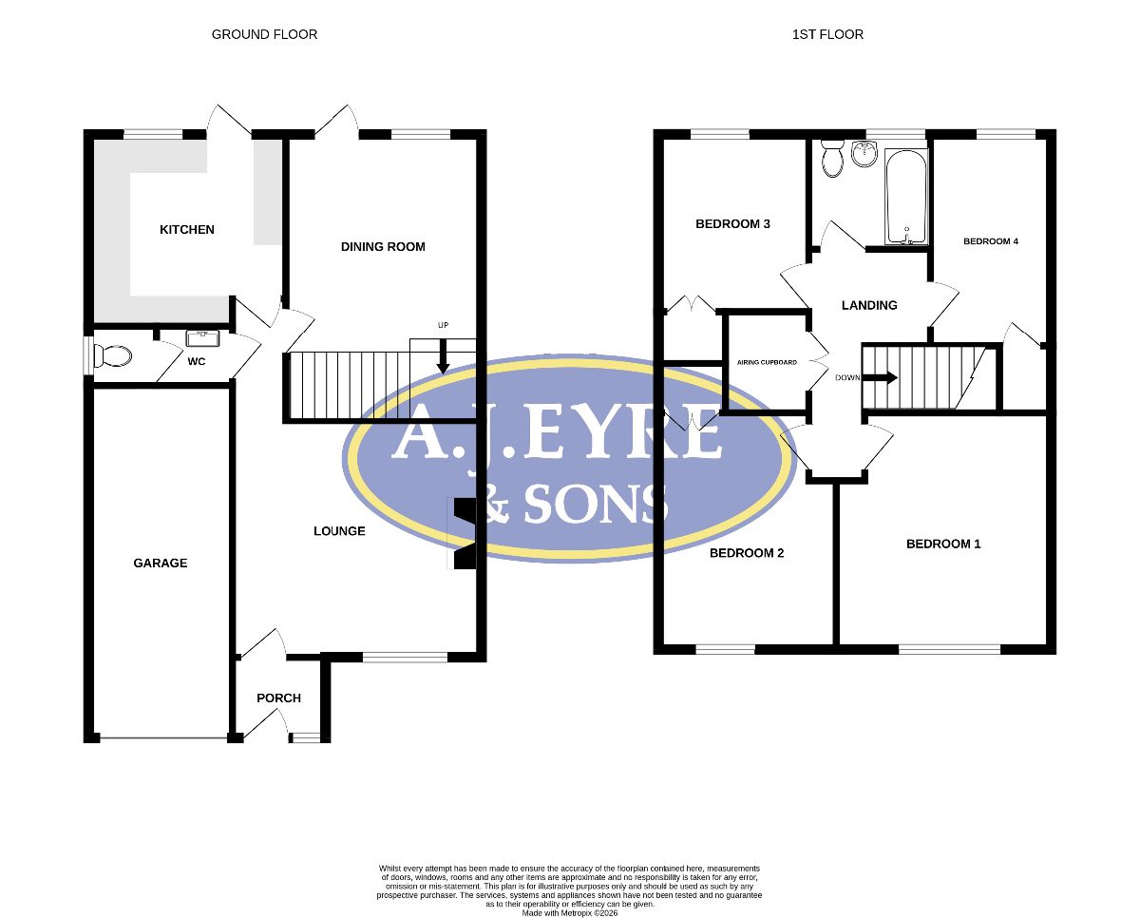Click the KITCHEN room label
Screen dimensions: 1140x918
click(x=187, y=230)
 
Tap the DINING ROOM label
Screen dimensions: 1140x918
click(x=383, y=246)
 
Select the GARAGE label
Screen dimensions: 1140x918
click(x=161, y=563)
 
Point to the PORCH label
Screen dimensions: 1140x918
click(x=278, y=698)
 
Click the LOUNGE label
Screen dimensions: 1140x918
click(x=339, y=531)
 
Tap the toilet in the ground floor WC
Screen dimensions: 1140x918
click(x=112, y=356)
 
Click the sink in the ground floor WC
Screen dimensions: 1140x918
click(x=202, y=338)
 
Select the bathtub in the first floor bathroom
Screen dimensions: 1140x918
click(x=906, y=197)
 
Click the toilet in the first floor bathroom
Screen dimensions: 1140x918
click(x=832, y=158)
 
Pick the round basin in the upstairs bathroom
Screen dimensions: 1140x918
click(x=864, y=153)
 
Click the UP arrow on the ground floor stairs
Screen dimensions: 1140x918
click(x=444, y=356)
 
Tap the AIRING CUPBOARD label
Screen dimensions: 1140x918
click(x=767, y=362)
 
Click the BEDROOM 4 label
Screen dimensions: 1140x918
click(x=991, y=241)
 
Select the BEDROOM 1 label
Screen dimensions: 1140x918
click(x=943, y=544)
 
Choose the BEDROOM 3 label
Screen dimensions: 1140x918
click(x=732, y=223)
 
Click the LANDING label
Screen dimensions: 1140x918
click(x=869, y=305)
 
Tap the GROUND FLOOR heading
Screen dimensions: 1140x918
click(x=264, y=34)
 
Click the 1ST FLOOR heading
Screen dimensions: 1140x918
click(x=827, y=34)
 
